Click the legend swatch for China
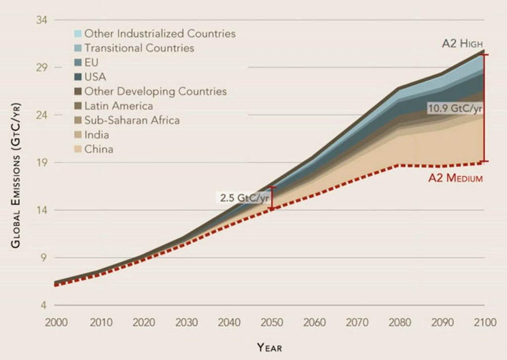[78, 149]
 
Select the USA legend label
[95, 77]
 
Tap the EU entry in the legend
[92, 62]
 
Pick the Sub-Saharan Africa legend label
[132, 120]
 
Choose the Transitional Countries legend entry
[139, 48]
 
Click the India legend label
[97, 135]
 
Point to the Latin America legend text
[118, 106]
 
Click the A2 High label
[462, 44]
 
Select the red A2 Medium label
[455, 178]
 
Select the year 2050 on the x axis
[272, 323]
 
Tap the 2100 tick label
[484, 323]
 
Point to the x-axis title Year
[269, 347]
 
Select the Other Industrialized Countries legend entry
[159, 34]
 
